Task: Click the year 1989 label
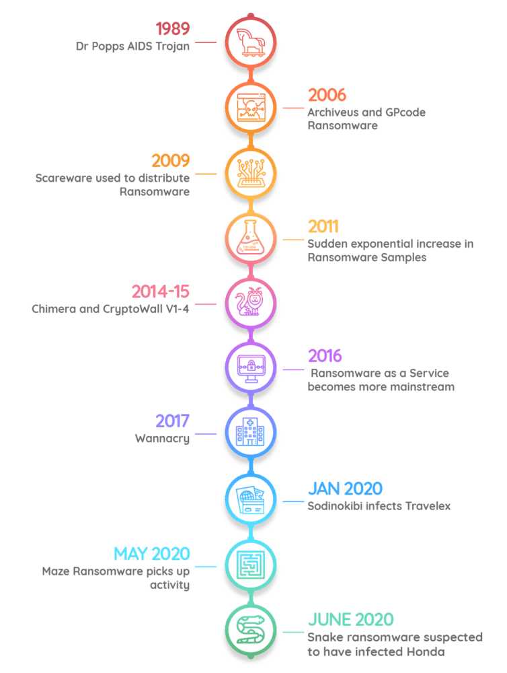pos(173,29)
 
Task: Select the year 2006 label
pos(327,95)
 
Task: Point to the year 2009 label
pos(171,161)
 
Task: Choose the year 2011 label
pos(323,226)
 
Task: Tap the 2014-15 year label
pos(161,291)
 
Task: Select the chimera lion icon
pos(249,302)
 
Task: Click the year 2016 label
pos(325,356)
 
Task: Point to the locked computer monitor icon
pos(249,367)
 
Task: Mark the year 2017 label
pos(173,421)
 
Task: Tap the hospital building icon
pos(249,433)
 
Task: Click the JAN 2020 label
pos(345,488)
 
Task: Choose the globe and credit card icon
pos(249,498)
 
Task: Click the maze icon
pos(249,563)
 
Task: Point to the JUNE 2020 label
pos(350,619)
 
